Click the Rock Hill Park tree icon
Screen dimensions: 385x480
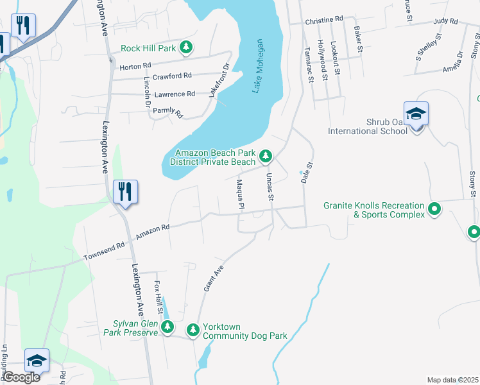pos(185,47)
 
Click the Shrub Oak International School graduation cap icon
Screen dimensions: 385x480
pos(416,114)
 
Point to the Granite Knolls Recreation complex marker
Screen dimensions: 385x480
pos(434,209)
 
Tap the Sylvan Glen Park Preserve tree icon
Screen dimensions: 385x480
pos(167,328)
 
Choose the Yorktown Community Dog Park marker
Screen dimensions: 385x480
pos(193,330)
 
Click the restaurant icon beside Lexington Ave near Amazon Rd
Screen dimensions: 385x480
pos(125,191)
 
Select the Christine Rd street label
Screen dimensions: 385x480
pos(324,21)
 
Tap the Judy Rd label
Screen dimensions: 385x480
pos(445,21)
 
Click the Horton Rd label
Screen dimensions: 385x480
pos(135,65)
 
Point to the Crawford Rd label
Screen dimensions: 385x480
pos(167,76)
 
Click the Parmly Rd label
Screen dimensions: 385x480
pos(168,113)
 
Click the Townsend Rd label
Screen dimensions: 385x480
pos(104,252)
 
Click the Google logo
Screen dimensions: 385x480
pos(21,377)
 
